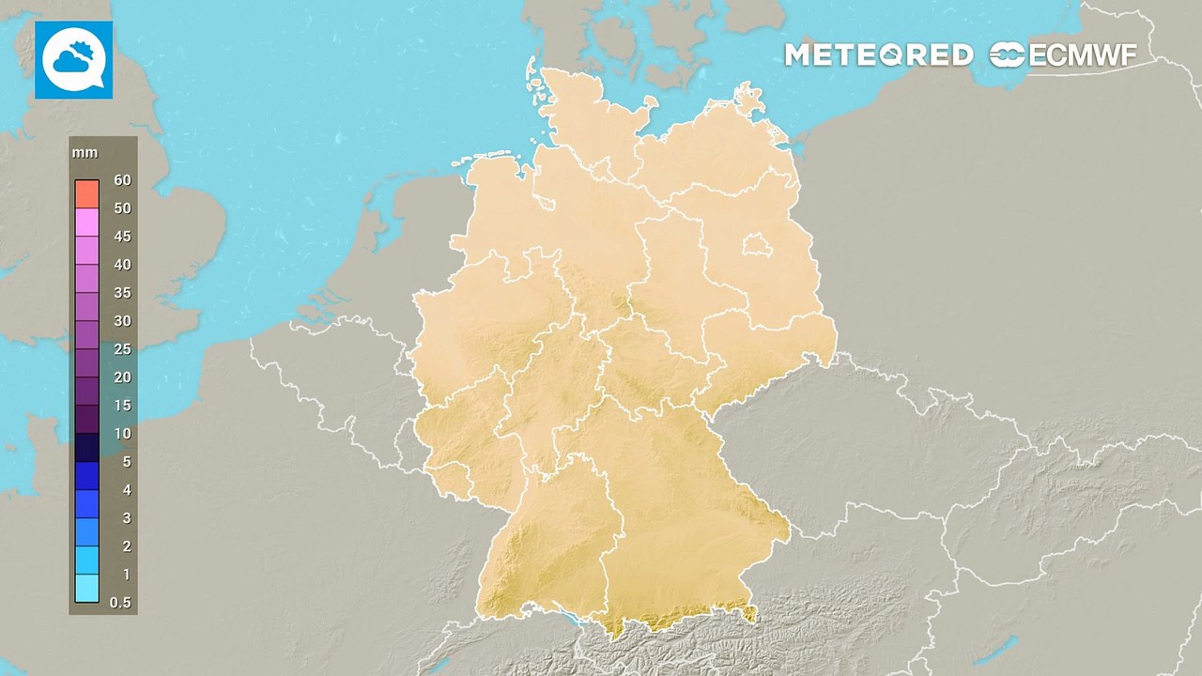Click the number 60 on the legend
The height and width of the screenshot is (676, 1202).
coord(122,180)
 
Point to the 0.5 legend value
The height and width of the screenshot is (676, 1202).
coord(120,603)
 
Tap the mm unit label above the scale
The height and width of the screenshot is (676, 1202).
coord(85,153)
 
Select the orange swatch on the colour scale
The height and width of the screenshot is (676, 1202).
coord(87,194)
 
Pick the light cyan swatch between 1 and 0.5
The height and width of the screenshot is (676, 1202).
coord(87,589)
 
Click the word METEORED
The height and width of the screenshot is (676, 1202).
coord(879,55)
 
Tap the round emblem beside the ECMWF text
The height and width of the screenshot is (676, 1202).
coord(1008,55)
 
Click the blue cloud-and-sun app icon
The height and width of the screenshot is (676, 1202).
coord(73,60)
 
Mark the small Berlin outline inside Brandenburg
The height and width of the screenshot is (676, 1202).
coord(756,247)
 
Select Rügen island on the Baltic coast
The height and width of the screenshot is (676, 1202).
coord(748,98)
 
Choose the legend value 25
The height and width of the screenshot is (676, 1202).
coord(122,349)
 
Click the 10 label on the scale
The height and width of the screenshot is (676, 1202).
coord(122,434)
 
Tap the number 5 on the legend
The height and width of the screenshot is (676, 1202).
coord(126,462)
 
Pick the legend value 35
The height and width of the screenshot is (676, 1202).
coord(122,293)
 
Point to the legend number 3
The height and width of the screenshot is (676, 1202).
coord(126,518)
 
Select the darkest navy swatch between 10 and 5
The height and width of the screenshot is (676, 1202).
coord(87,448)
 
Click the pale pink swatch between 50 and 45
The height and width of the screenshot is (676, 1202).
coord(87,223)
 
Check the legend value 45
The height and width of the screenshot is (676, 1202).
coord(122,237)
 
